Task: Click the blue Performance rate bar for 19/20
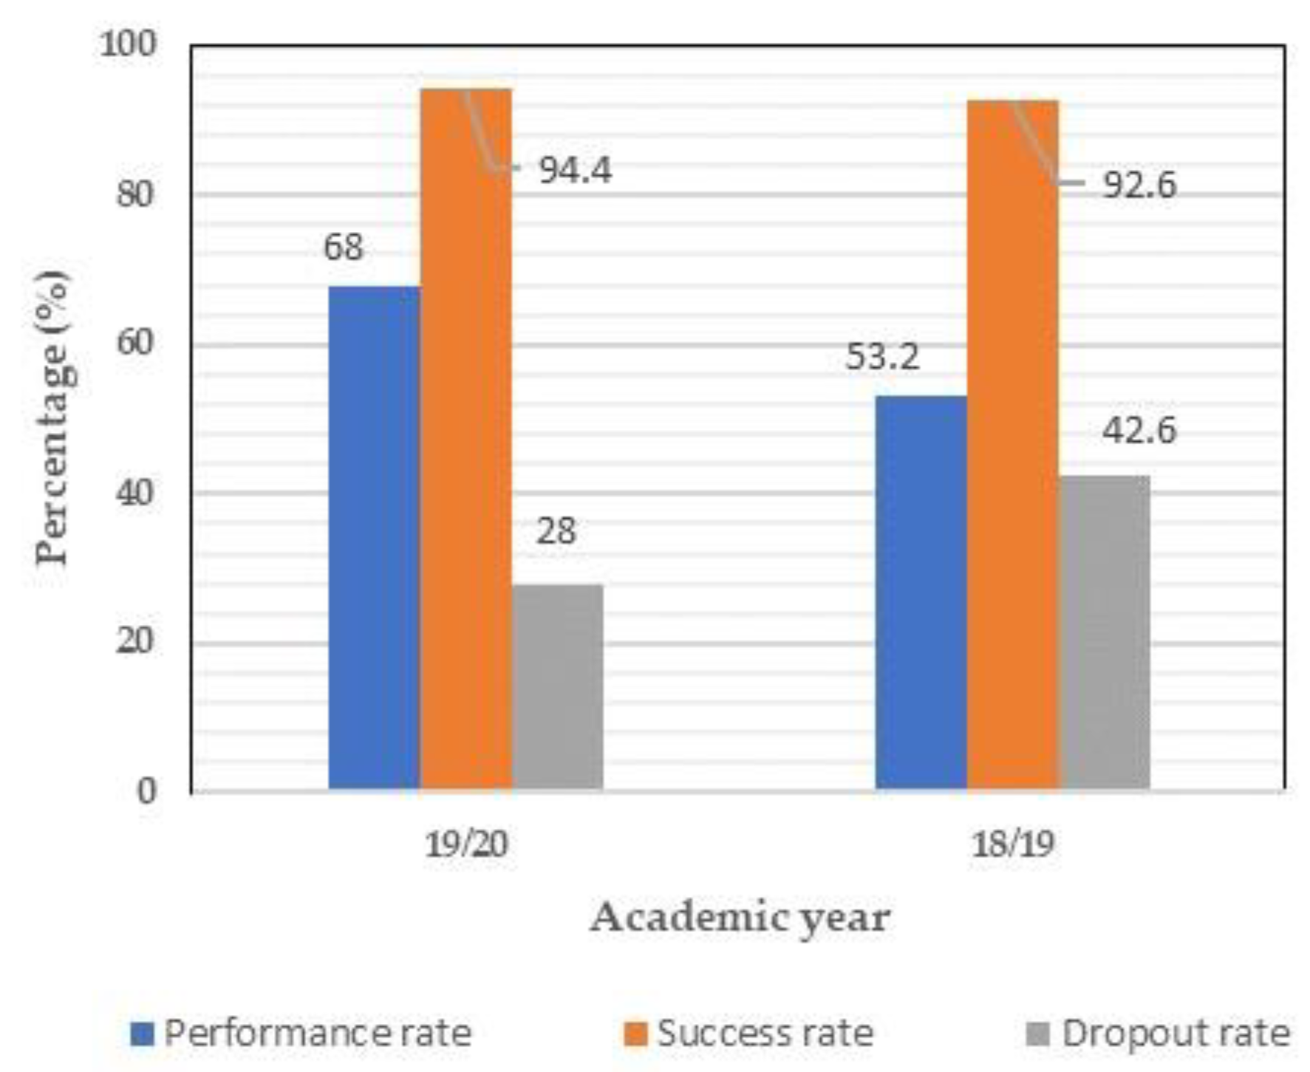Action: pos(374,537)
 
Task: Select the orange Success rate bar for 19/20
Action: pos(465,439)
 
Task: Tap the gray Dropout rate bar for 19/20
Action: pos(558,686)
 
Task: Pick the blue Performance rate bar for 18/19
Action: pos(921,592)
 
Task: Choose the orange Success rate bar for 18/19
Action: pos(1012,445)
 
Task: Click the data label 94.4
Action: pos(575,171)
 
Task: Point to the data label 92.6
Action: pos(1139,185)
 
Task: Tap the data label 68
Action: pos(343,247)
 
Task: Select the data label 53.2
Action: pos(882,357)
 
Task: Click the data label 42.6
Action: pos(1139,430)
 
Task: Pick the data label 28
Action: pos(556,531)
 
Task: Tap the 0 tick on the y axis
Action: pos(146,791)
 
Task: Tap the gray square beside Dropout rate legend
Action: pos(1038,1034)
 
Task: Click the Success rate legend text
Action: pos(765,1034)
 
